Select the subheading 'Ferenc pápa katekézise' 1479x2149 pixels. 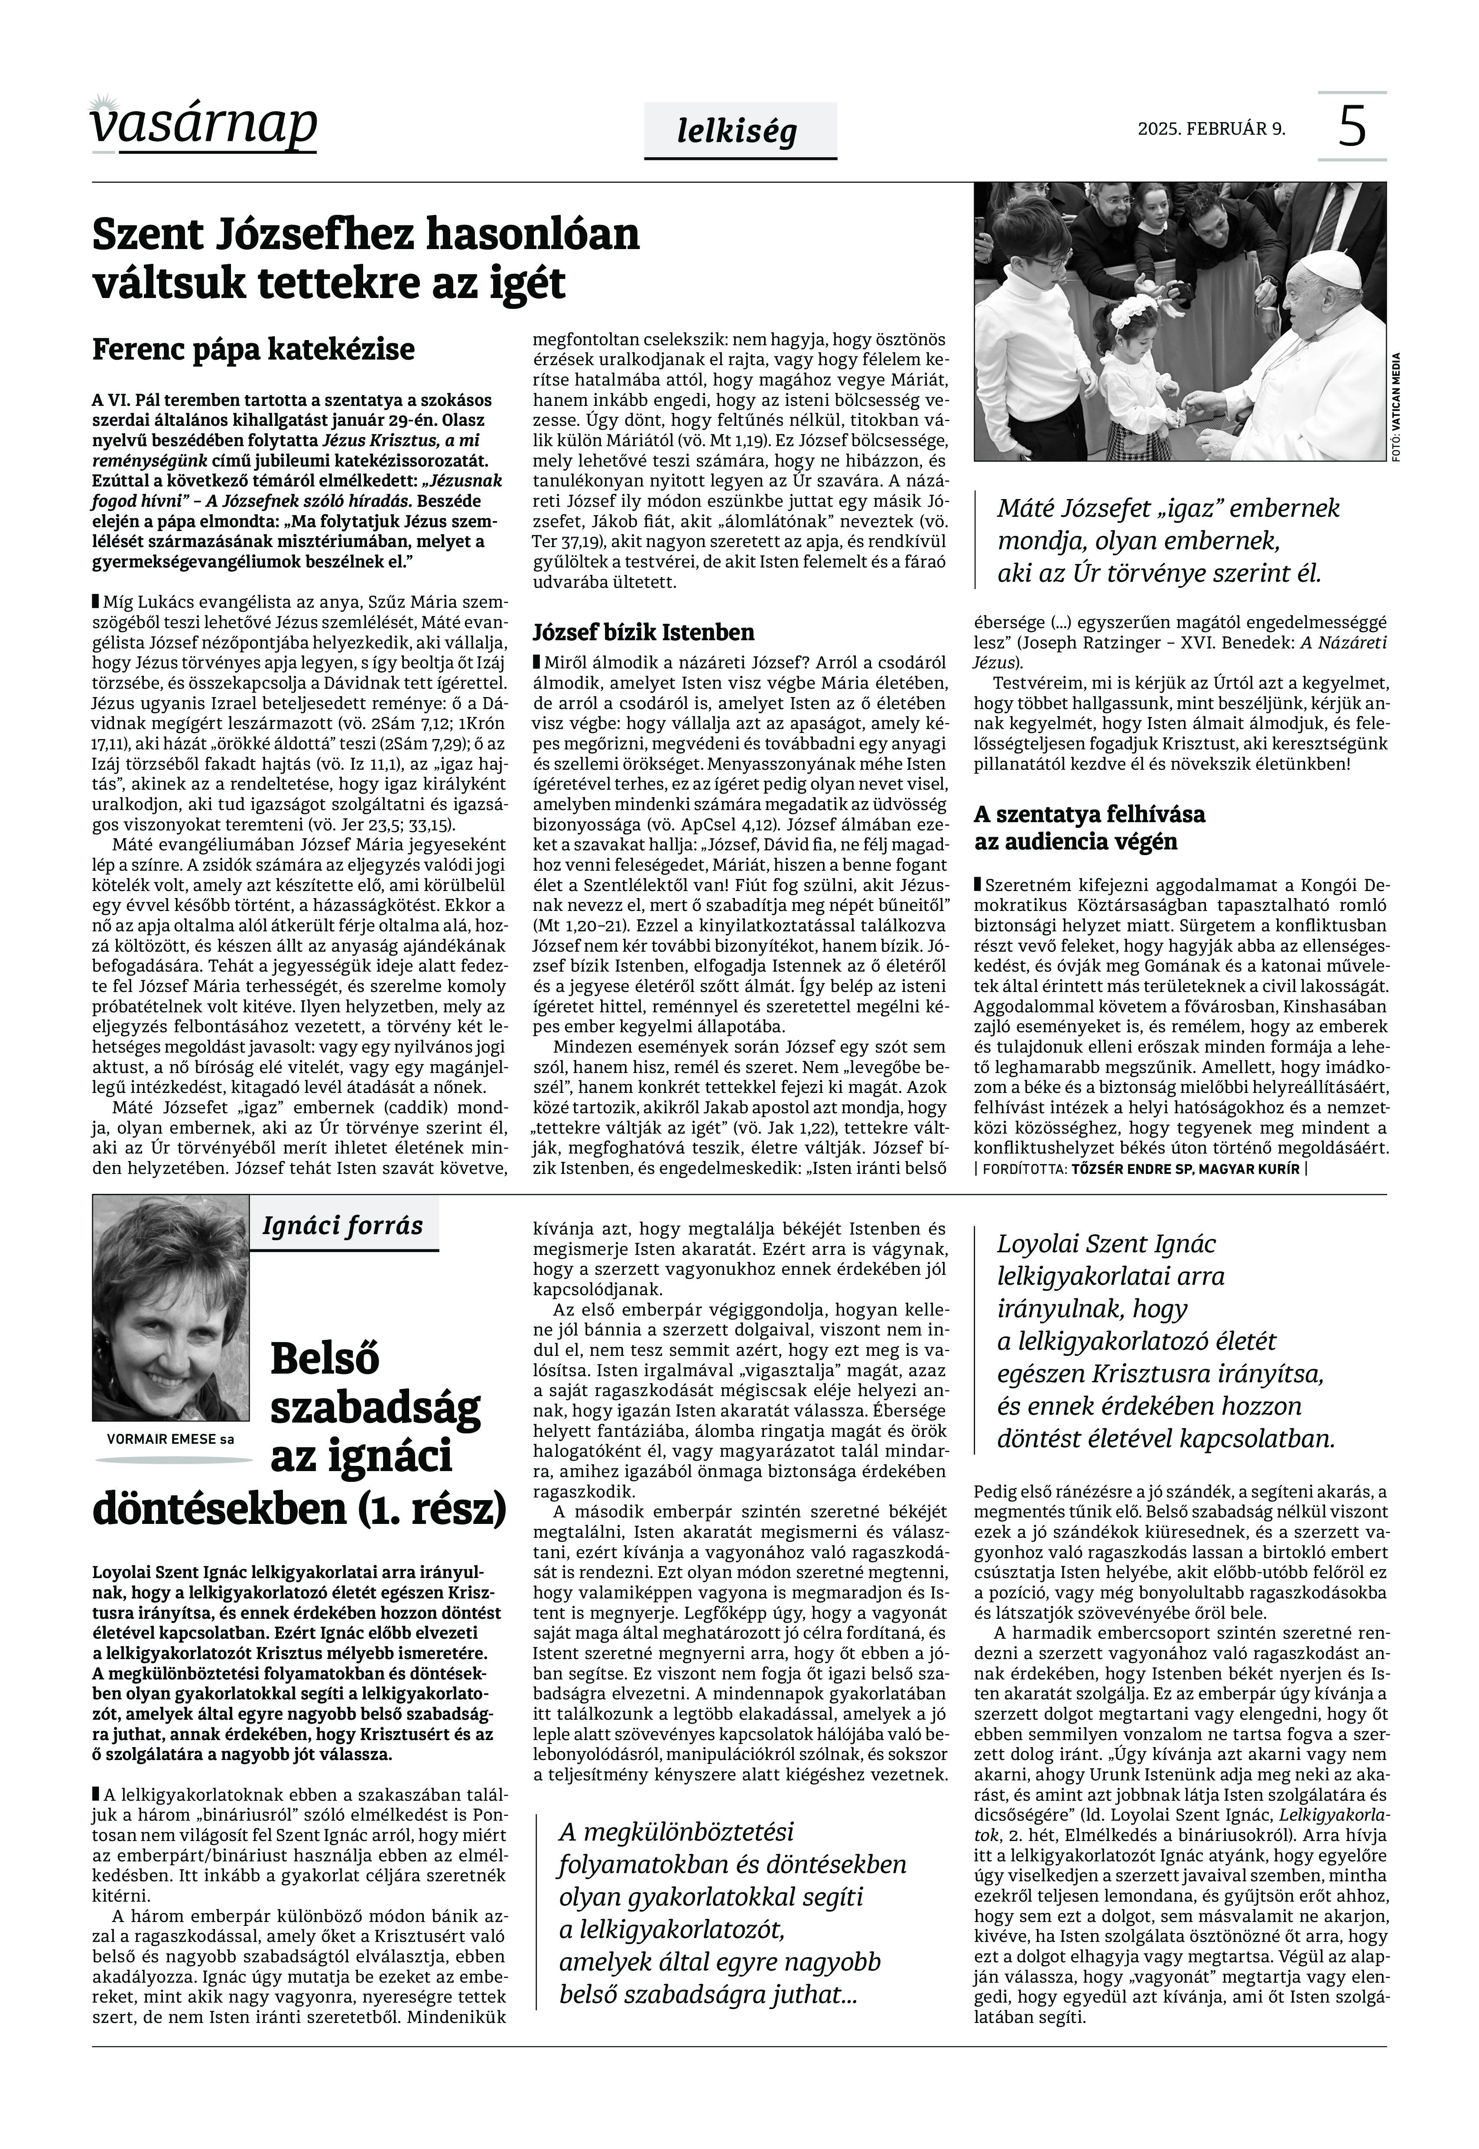coord(253,350)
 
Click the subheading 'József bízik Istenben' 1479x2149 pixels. coord(643,633)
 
